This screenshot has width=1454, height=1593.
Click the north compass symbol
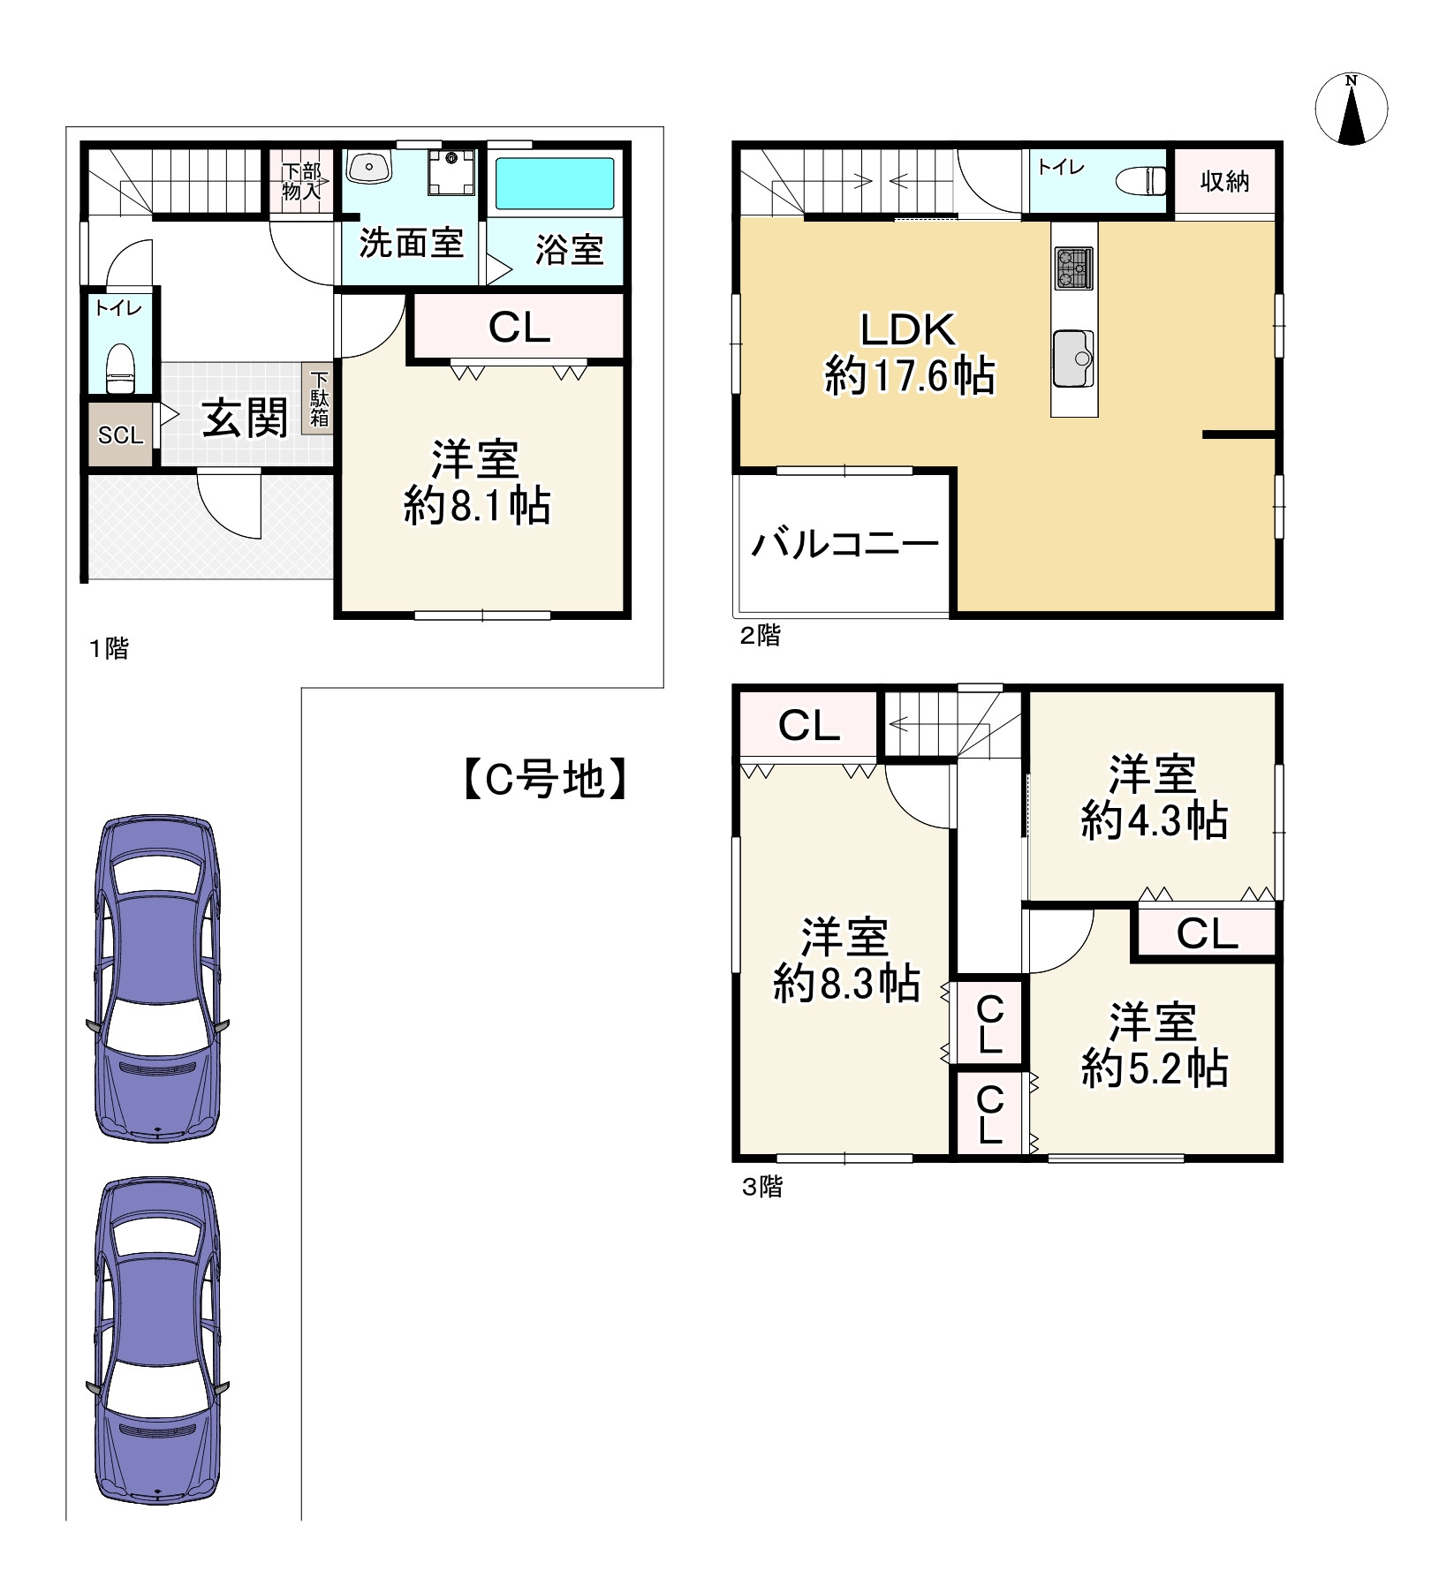[1351, 109]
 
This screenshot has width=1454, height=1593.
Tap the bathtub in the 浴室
[554, 184]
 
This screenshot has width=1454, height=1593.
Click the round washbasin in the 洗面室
[369, 166]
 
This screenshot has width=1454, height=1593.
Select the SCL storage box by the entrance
[120, 435]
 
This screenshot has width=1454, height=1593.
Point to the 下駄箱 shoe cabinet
[318, 399]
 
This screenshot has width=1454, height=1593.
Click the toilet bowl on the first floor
[120, 368]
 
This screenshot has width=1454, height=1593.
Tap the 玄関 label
[245, 418]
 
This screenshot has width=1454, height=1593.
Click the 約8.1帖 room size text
[477, 507]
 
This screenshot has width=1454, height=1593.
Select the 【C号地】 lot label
[545, 779]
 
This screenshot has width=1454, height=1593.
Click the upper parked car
[157, 978]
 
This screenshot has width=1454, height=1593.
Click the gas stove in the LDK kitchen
[1073, 268]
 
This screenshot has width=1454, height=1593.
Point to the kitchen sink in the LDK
[1073, 359]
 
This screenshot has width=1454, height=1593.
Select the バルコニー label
[844, 544]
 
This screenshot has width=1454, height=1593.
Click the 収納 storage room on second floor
[1224, 182]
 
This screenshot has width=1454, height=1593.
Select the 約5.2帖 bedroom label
[1154, 1069]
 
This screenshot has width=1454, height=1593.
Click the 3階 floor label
[761, 1188]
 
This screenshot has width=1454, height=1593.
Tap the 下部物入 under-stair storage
[302, 181]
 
